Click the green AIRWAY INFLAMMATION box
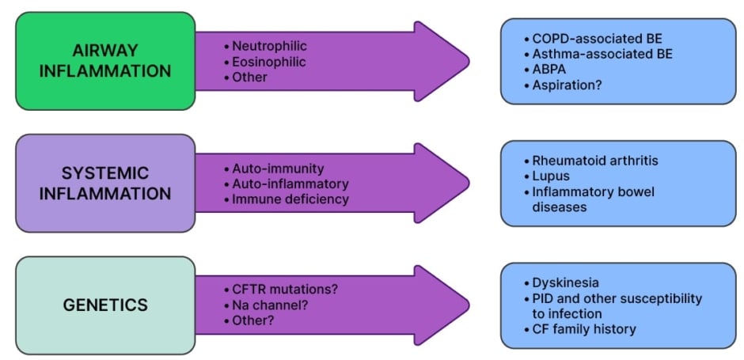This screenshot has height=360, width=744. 105,60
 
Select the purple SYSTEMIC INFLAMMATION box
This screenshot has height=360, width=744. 105,183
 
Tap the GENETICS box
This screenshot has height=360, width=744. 105,305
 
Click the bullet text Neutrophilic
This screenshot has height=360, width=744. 269,46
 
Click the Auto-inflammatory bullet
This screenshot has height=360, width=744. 290,184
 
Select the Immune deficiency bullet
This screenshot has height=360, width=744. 290,199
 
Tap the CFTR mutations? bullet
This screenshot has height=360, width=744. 285,290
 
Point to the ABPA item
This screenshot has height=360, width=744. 550,69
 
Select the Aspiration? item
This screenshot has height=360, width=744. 567,84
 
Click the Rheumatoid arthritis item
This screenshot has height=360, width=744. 594,161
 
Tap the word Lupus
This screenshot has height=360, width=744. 552,176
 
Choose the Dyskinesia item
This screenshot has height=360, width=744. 565,282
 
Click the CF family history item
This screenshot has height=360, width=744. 584,328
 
